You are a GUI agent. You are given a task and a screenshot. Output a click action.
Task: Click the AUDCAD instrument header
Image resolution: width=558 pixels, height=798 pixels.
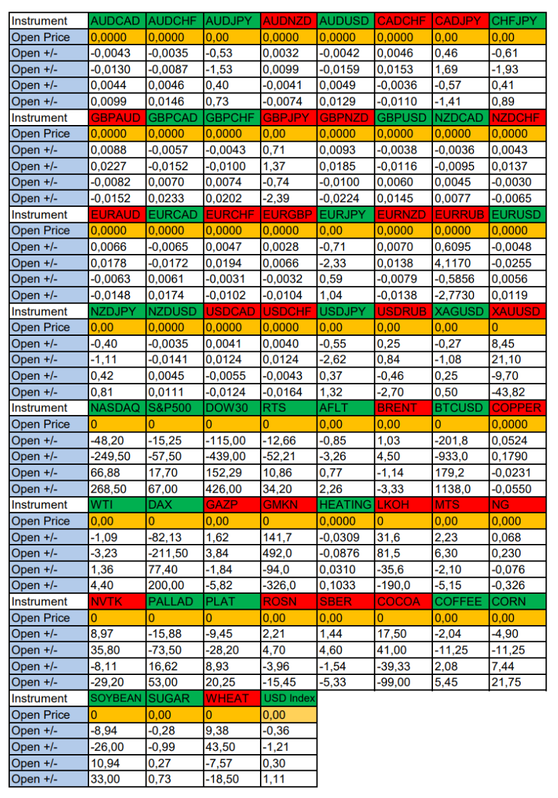point(117,21)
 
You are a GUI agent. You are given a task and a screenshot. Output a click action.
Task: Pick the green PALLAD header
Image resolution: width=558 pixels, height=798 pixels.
point(174,602)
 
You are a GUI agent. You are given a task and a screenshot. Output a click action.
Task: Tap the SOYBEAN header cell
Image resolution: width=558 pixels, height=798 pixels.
point(117,699)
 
